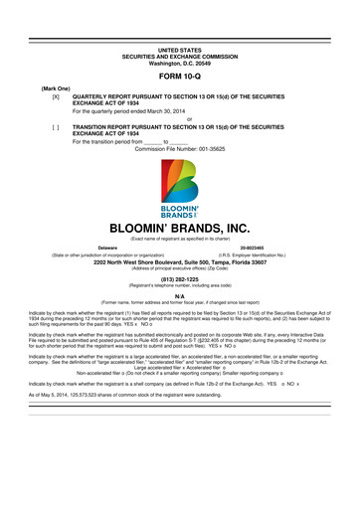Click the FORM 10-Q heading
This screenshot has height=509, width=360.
click(x=179, y=78)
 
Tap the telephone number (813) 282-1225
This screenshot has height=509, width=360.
click(x=180, y=280)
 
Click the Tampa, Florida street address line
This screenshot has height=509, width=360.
click(x=180, y=262)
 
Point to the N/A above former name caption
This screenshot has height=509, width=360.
click(x=180, y=297)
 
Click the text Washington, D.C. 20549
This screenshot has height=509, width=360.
click(x=179, y=63)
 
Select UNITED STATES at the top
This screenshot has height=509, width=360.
click(x=179, y=48)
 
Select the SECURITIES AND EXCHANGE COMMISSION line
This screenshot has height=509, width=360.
click(x=179, y=55)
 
